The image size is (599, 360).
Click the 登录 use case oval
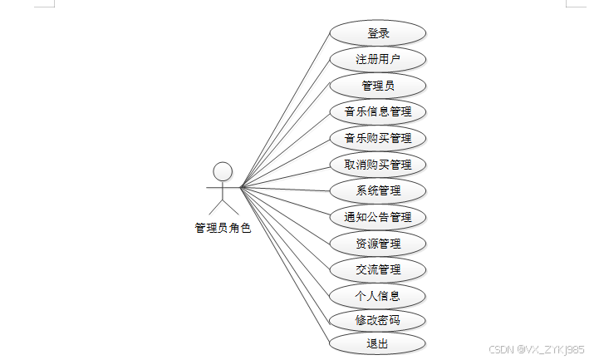coord(378,33)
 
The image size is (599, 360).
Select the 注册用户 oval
coord(378,59)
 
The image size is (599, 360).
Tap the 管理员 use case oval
coord(378,85)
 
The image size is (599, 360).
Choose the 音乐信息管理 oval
coord(378,111)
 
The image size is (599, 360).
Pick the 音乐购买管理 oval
coord(378,138)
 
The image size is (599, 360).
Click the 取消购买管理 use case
coord(378,165)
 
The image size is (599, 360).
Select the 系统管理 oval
coord(378,190)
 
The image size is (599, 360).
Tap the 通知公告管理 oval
coord(378,217)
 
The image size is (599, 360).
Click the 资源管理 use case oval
coord(378,244)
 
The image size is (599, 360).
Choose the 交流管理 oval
coord(378,269)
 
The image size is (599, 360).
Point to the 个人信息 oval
coord(378,296)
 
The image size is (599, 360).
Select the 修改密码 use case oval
coord(378,320)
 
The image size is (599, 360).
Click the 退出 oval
coord(378,343)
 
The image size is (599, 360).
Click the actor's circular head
coord(222,171)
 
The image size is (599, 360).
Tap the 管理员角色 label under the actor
coord(222,227)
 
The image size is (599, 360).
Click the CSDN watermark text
coord(537,349)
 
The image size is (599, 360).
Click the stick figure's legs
coord(222,206)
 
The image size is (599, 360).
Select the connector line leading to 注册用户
coord(285,122)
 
